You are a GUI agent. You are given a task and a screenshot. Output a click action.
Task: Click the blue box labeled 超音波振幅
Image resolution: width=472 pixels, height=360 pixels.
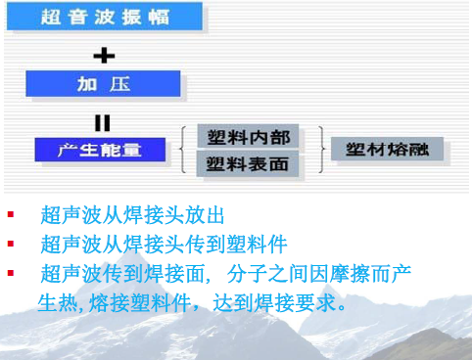point(118,17)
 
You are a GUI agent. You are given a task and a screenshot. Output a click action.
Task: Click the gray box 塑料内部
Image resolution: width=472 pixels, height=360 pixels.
point(248,137)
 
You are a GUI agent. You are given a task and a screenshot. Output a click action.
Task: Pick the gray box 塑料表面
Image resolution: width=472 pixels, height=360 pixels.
point(248,164)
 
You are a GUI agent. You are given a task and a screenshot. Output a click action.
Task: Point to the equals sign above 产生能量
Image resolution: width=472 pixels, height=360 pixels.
point(103,122)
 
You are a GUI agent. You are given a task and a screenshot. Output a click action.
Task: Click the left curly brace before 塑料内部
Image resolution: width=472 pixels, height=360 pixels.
point(186,150)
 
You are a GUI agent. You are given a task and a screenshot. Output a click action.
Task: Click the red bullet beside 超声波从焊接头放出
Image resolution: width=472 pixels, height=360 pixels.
point(11,214)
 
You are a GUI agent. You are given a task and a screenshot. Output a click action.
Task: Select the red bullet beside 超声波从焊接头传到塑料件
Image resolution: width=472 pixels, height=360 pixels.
point(11,244)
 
